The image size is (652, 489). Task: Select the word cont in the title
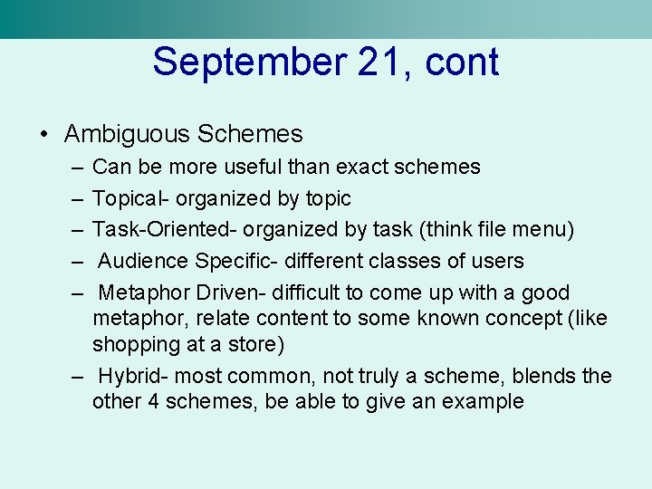click(462, 62)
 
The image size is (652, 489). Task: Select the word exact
click(362, 167)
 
